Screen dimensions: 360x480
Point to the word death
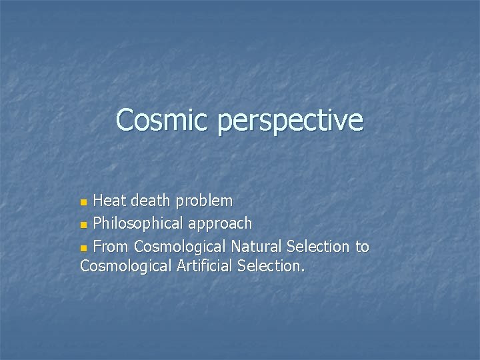coord(153,200)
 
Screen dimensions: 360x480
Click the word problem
coord(207,201)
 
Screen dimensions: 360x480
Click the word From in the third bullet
coord(111,247)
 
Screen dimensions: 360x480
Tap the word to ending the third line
coord(361,247)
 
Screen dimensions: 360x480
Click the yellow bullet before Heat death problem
coord(83,201)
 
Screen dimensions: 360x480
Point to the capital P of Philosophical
coord(98,223)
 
